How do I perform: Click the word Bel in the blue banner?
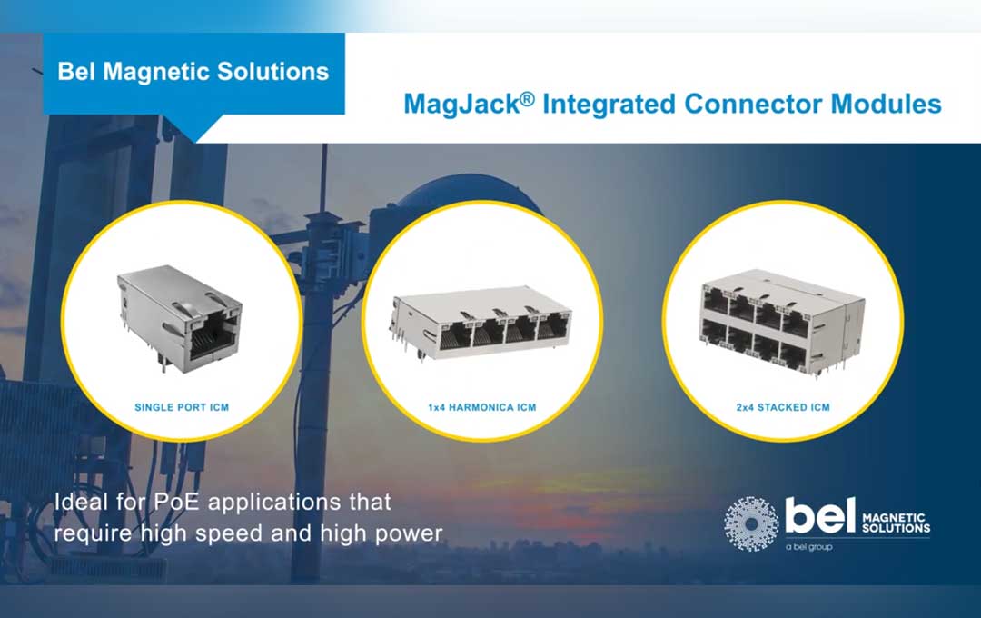(76, 72)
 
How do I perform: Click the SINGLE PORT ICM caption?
(182, 407)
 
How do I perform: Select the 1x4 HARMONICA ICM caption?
(482, 407)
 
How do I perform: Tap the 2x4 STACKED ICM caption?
(782, 407)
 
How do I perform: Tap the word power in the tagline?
(409, 533)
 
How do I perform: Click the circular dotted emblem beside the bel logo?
(751, 524)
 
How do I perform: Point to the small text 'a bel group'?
(808, 547)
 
